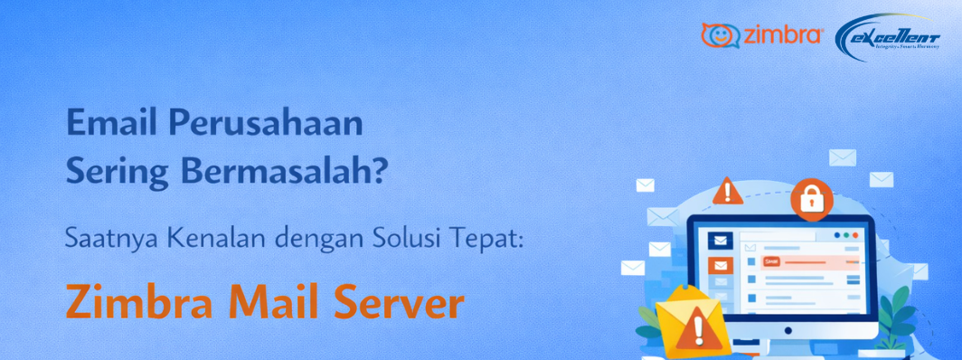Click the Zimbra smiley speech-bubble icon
click(720, 35)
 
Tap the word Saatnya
click(101, 241)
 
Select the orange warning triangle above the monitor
click(726, 192)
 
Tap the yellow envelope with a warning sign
click(691, 322)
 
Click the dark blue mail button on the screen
click(720, 240)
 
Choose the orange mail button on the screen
click(720, 266)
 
